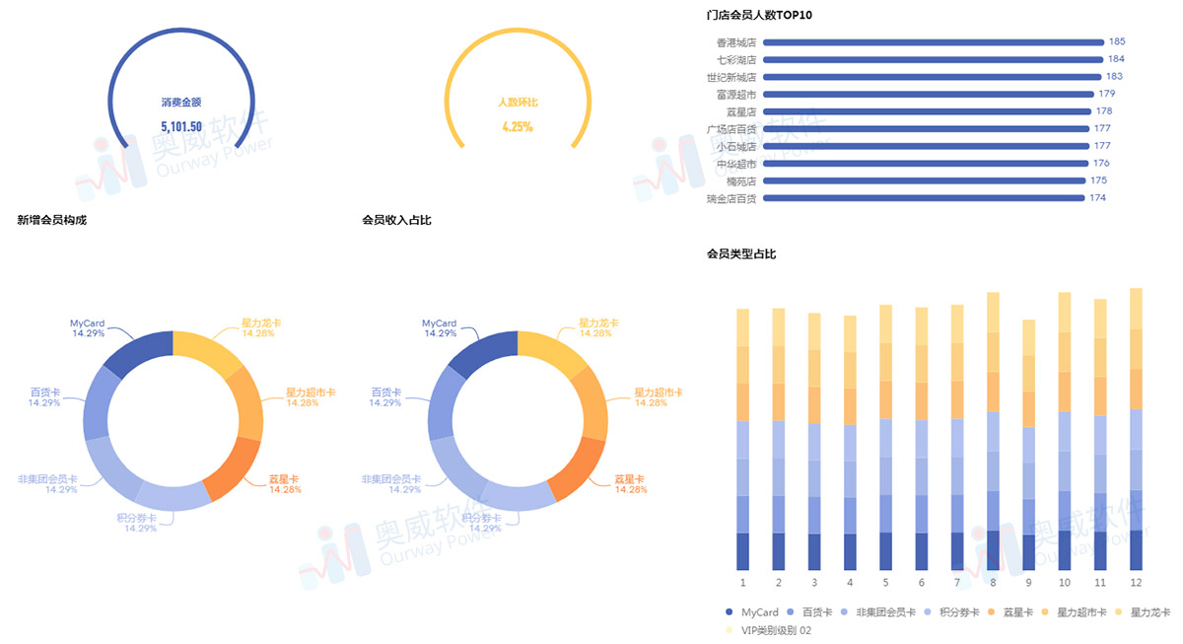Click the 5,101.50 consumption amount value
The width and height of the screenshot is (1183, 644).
coord(181,126)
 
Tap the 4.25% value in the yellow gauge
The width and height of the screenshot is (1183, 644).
coord(518,126)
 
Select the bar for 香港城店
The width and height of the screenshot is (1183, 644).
coord(933,42)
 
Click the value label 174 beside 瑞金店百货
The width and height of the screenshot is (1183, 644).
coord(1097,198)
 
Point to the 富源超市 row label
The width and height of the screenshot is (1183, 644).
coord(736,95)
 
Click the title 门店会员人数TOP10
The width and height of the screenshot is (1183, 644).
coord(759,15)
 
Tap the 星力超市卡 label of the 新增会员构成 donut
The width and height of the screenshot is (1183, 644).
coord(311,393)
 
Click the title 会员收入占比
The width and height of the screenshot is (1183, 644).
coord(396,220)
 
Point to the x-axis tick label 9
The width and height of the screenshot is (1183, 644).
coord(1028,583)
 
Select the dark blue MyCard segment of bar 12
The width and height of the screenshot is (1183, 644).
coord(1136,549)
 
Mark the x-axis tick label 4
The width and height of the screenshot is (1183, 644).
coord(850,583)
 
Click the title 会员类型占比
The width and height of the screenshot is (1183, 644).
coord(741,254)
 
